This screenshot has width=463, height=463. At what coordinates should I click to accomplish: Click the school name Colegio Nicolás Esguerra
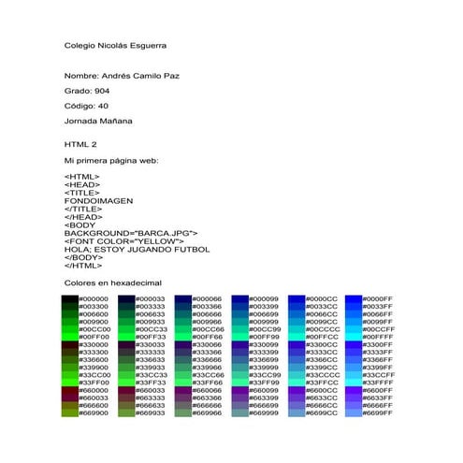pos(116,45)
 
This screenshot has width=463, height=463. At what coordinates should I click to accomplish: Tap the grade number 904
pos(106,91)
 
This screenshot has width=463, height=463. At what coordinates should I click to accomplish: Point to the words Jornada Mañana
pos(98,121)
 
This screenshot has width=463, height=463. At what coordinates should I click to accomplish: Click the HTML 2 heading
pos(80,145)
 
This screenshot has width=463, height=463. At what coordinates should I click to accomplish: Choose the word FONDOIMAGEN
pos(98,200)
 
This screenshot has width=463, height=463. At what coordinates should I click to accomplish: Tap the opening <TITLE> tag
pos(82,192)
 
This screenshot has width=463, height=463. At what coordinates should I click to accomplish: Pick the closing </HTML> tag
pos(83,266)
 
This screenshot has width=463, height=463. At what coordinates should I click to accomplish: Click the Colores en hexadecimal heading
pos(113,282)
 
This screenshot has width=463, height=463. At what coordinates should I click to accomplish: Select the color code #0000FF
pos(379,298)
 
